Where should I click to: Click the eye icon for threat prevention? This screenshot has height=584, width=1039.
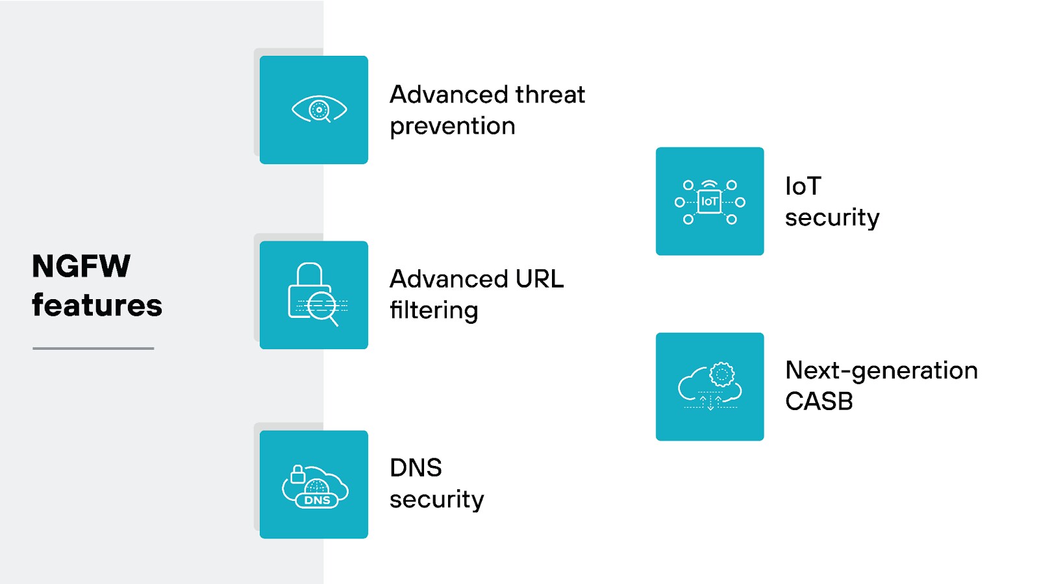(x=319, y=110)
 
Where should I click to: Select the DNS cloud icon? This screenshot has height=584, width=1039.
(x=315, y=487)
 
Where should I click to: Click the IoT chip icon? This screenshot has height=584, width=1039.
(x=710, y=202)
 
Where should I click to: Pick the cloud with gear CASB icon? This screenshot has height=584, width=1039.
(x=710, y=387)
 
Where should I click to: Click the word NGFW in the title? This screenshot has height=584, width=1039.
(x=81, y=267)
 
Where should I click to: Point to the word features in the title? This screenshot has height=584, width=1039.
(x=97, y=305)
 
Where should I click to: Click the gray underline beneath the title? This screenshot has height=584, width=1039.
(x=93, y=348)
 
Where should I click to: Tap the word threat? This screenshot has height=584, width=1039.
(x=550, y=95)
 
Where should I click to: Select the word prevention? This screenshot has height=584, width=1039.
(x=452, y=126)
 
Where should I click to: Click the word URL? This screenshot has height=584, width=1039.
(x=539, y=279)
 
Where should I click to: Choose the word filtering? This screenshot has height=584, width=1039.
(x=434, y=310)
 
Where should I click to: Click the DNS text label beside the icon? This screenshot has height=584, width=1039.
(x=416, y=468)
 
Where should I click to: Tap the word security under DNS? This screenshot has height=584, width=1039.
(x=436, y=499)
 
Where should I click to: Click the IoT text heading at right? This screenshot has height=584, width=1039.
(x=803, y=186)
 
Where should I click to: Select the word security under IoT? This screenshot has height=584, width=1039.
(x=832, y=217)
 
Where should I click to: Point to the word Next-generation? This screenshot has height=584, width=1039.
(x=881, y=371)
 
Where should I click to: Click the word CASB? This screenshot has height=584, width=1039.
(x=819, y=402)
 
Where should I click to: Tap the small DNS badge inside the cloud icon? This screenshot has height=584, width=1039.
(x=317, y=500)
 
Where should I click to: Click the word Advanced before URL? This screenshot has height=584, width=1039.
(x=449, y=279)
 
